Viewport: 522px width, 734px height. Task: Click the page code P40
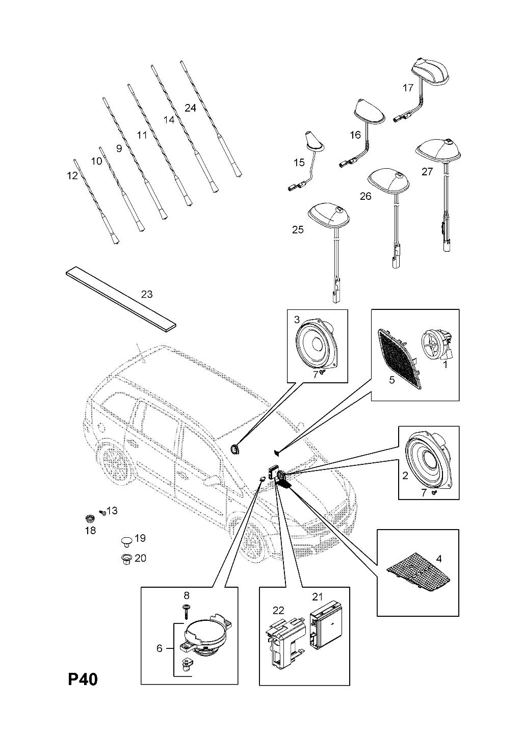coord(82,679)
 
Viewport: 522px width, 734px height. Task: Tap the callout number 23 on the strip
coord(147,294)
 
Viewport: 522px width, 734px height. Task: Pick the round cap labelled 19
coord(126,539)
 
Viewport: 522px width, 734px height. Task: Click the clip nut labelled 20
coord(125,559)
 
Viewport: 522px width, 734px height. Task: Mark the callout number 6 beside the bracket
coord(159,648)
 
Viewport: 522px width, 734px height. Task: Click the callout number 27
coord(427,171)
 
